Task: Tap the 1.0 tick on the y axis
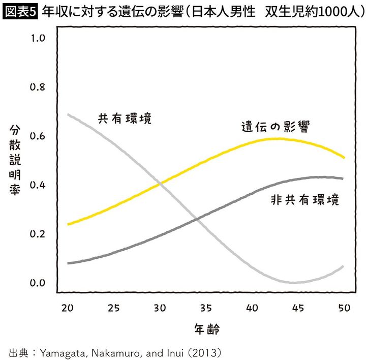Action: point(38,38)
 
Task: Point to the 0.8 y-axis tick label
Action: point(38,86)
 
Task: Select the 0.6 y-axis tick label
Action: point(38,136)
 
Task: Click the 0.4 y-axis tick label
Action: point(38,185)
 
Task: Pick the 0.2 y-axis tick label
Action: point(38,234)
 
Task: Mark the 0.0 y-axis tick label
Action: point(38,283)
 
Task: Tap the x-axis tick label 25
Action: point(113,308)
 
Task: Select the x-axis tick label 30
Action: point(160,308)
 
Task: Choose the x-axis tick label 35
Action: point(206,308)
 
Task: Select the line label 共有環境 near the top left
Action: point(125,118)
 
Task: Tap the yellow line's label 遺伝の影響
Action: point(276,126)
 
